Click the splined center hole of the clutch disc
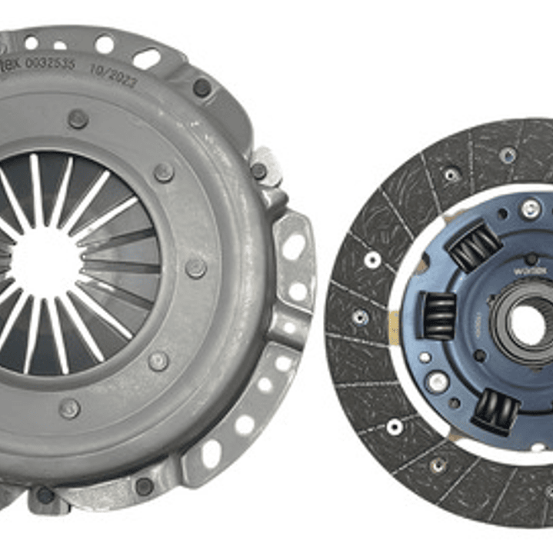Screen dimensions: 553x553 pyautogui.click(x=528, y=324)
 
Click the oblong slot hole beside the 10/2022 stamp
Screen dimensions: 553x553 pyautogui.click(x=146, y=58)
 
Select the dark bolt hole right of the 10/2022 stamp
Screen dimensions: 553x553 pyautogui.click(x=202, y=88)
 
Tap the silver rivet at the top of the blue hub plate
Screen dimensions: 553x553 pyautogui.click(x=530, y=208)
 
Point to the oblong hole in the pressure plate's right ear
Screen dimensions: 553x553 pyautogui.click(x=293, y=246)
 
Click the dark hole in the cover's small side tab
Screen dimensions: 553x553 pyautogui.click(x=259, y=171)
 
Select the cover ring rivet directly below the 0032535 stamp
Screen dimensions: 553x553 pyautogui.click(x=77, y=118)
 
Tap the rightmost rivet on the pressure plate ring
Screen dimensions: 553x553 pyautogui.click(x=195, y=268)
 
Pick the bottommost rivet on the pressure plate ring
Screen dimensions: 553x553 pyautogui.click(x=69, y=408)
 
